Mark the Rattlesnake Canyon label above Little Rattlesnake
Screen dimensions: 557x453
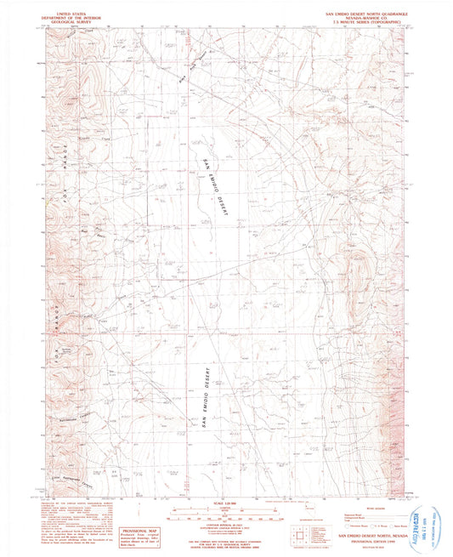(76, 419)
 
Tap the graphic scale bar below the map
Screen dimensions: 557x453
(221, 514)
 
